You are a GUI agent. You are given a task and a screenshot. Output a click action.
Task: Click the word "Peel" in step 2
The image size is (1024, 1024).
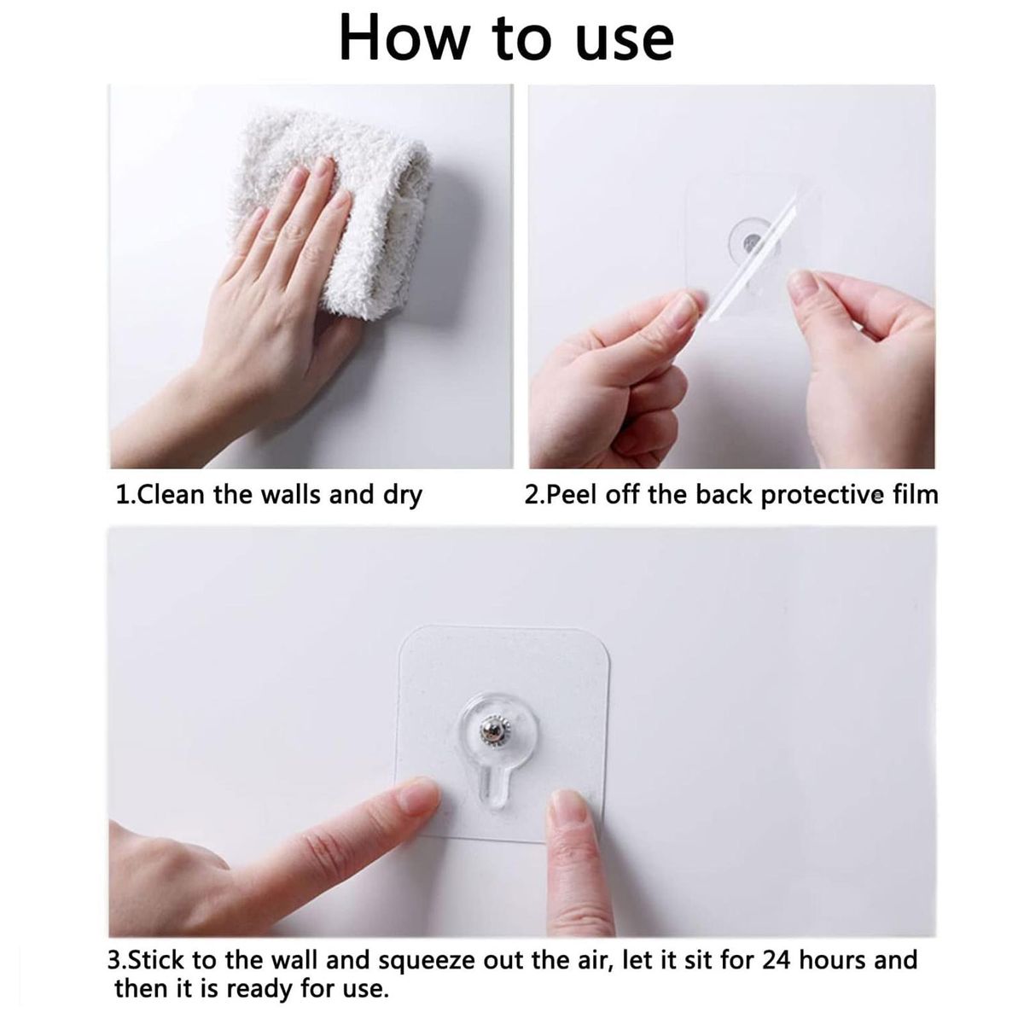[571, 494]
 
